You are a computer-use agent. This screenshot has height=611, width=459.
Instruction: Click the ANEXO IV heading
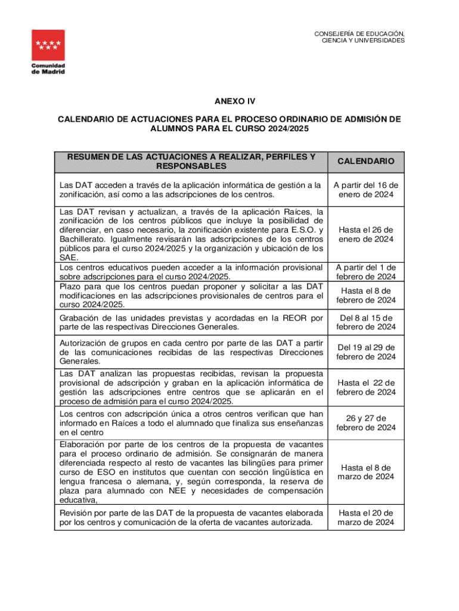click(229, 101)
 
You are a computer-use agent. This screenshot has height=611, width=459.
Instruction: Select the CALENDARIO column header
click(366, 161)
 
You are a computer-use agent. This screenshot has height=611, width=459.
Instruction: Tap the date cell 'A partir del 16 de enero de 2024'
click(366, 190)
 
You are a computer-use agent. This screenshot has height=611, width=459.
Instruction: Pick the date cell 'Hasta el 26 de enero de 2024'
click(366, 234)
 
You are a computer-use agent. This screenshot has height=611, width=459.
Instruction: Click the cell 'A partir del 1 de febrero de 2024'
click(366, 272)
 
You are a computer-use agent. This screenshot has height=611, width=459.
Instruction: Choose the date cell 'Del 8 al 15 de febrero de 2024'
click(366, 322)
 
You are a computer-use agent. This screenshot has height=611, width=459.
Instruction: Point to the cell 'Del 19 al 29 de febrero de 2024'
click(366, 352)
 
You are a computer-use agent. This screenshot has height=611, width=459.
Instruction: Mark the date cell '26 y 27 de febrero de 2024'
click(366, 422)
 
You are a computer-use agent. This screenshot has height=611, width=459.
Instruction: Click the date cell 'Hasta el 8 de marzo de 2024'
click(366, 472)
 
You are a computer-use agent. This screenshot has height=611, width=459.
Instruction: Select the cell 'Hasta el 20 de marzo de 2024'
click(366, 517)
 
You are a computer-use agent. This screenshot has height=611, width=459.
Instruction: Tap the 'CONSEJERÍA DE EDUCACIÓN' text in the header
click(359, 33)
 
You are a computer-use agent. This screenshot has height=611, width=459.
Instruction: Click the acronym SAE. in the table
click(69, 258)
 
